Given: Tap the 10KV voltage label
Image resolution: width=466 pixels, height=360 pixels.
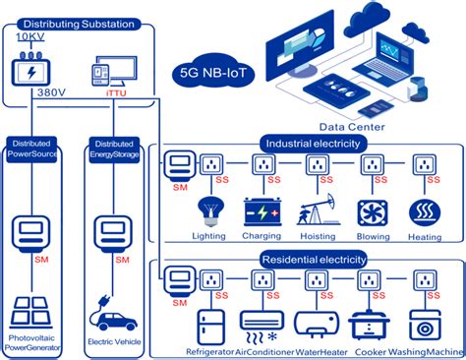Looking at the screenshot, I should coord(29,36).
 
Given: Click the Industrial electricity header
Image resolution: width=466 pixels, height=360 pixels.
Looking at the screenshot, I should coord(313,144).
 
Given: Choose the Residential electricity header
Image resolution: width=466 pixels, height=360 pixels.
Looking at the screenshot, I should coord(314,260).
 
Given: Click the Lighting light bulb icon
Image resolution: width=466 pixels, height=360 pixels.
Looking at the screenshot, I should coord(207,210).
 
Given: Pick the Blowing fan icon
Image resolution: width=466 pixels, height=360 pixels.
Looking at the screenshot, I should coord(372,212).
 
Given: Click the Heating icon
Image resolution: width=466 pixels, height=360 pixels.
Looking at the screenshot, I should coord(425,212).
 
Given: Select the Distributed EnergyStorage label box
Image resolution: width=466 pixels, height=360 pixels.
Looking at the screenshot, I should coord(116,149).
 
